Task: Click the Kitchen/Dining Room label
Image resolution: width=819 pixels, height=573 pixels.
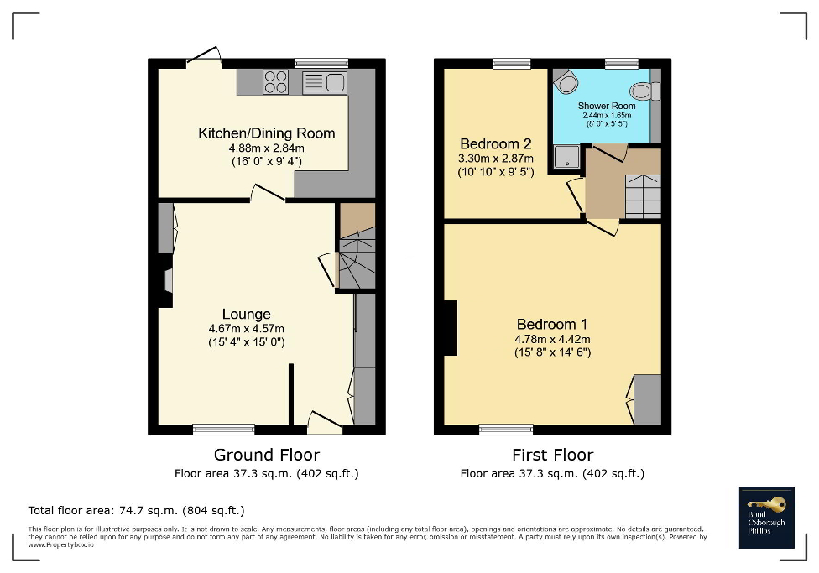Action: (x=266, y=133)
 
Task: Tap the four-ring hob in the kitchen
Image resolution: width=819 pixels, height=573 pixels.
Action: (x=276, y=81)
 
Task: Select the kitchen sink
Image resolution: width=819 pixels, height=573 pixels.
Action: (x=324, y=81)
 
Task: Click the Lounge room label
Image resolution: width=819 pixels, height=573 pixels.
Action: (x=246, y=315)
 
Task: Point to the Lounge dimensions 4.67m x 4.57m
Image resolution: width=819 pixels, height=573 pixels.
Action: (x=246, y=329)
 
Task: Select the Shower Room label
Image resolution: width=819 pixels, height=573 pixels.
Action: (x=606, y=106)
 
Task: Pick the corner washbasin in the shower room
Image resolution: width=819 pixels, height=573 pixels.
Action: (x=566, y=81)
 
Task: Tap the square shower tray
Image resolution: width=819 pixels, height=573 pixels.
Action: (x=566, y=156)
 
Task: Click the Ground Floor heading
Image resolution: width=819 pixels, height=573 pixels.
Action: (x=266, y=456)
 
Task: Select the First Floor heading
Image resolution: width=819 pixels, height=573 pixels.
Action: (x=552, y=456)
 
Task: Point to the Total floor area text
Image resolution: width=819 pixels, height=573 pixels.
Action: (x=136, y=510)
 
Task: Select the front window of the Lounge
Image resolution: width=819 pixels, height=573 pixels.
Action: (x=223, y=430)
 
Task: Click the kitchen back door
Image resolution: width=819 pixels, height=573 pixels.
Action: (x=203, y=59)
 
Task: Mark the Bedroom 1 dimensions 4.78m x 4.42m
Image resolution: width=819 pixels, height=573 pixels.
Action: (x=552, y=339)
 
